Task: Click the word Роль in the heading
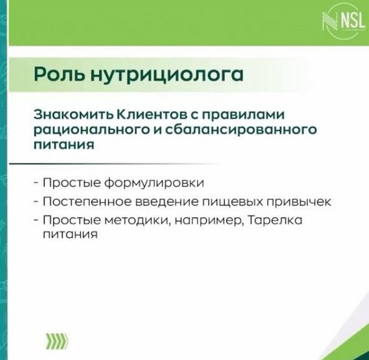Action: click(55, 76)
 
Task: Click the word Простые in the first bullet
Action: click(69, 182)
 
